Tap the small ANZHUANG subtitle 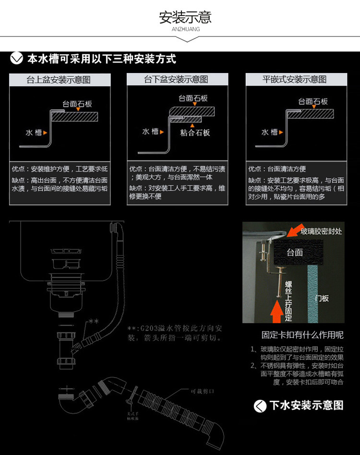point(185,29)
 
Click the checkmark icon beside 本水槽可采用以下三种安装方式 point(17,59)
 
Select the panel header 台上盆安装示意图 point(59,80)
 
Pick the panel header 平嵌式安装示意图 point(295,80)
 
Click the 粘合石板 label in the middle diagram point(195,133)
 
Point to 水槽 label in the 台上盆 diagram point(34,132)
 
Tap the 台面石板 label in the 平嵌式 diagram point(313,101)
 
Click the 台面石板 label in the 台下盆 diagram point(193,98)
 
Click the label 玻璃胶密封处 point(321,232)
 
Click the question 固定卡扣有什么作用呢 point(302,335)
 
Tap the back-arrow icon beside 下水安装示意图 point(260,406)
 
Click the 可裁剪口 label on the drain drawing point(202,391)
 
